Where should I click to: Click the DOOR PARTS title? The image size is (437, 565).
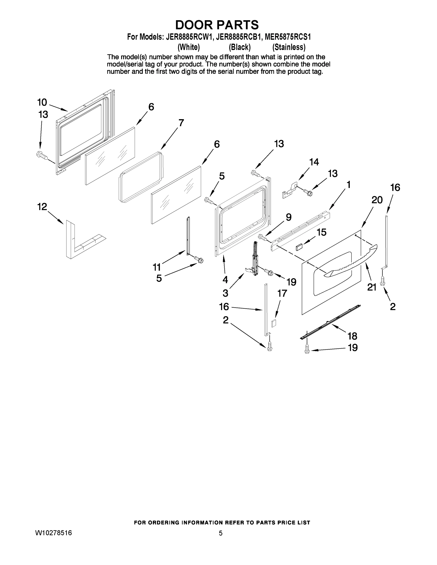[x=217, y=25]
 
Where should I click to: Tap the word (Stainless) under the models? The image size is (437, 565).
[x=289, y=47]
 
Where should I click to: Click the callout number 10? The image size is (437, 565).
[x=42, y=102]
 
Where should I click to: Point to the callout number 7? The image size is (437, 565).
[x=181, y=123]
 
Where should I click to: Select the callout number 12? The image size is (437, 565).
[x=42, y=207]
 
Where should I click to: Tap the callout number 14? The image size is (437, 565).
[x=314, y=162]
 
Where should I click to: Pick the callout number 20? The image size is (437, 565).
[x=377, y=200]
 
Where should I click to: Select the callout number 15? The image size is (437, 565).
[x=322, y=232]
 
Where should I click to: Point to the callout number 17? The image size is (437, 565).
[x=282, y=293]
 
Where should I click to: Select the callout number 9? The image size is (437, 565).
[x=288, y=217]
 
